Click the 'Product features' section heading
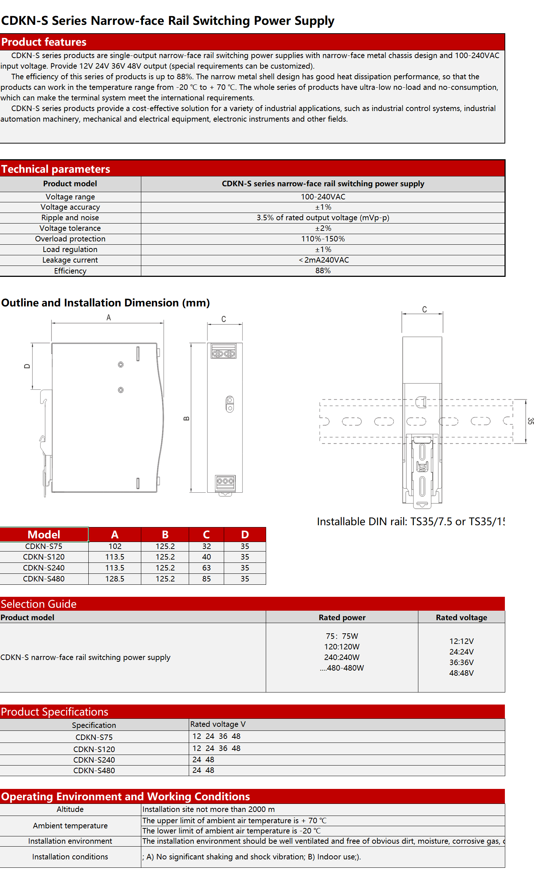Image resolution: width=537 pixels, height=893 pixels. (x=44, y=42)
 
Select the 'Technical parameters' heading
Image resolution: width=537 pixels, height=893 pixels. (x=55, y=169)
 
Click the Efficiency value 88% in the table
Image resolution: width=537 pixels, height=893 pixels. (x=323, y=271)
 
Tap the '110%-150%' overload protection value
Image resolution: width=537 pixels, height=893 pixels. (x=323, y=239)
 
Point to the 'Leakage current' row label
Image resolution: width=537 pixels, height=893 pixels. (x=70, y=260)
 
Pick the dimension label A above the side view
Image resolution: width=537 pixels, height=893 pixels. (x=108, y=318)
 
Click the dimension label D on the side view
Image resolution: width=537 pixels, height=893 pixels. (x=27, y=366)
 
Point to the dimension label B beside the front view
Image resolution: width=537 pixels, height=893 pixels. (x=186, y=419)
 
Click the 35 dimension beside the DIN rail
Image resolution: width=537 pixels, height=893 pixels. (x=530, y=421)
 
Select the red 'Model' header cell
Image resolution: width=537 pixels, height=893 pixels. (x=44, y=535)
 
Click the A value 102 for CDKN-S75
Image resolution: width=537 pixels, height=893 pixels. (x=115, y=546)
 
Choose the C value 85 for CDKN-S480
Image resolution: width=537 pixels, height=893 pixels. (x=206, y=579)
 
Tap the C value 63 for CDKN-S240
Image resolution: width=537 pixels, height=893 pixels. (x=206, y=568)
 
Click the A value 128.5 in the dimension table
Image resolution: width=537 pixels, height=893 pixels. (x=115, y=579)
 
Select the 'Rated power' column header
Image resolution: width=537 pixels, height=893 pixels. (x=342, y=618)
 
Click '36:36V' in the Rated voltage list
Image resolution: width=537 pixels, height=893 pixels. (x=461, y=663)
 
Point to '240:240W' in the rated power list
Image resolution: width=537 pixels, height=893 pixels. (x=342, y=657)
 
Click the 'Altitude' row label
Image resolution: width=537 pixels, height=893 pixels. (x=70, y=809)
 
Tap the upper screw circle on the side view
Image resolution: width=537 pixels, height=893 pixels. (x=121, y=365)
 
